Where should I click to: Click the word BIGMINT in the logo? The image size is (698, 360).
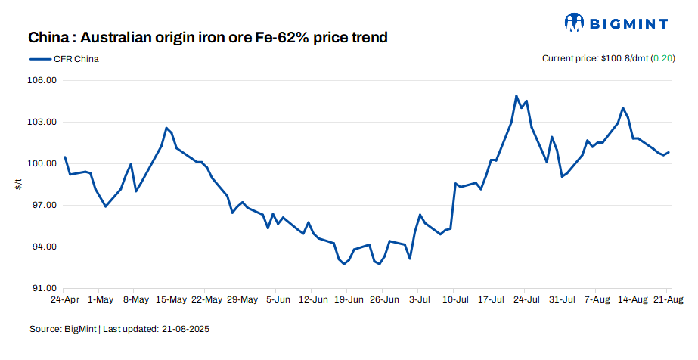pyautogui.click(x=630, y=23)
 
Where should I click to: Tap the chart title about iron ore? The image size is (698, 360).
pyautogui.click(x=208, y=37)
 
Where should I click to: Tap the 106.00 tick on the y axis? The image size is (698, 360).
pyautogui.click(x=43, y=81)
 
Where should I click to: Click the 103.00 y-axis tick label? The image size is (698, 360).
pyautogui.click(x=43, y=123)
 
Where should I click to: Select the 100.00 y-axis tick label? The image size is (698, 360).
pyautogui.click(x=43, y=164)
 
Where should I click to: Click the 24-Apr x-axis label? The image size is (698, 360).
pyautogui.click(x=65, y=300)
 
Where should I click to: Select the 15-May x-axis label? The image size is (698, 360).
pyautogui.click(x=171, y=300)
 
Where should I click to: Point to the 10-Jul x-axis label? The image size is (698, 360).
pyautogui.click(x=453, y=300)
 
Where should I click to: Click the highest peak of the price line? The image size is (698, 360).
pyautogui.click(x=516, y=96)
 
